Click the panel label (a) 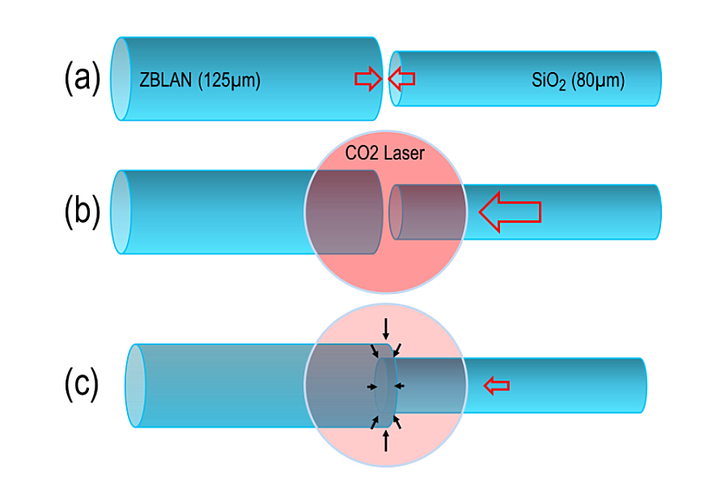click(x=82, y=79)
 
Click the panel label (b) click(x=82, y=211)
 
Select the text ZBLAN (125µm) click(x=199, y=80)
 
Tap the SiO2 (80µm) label click(x=578, y=80)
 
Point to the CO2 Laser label click(x=384, y=152)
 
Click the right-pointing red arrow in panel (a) click(x=367, y=79)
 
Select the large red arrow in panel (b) click(x=509, y=211)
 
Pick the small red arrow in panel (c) click(x=497, y=386)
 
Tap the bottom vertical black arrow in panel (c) click(x=386, y=441)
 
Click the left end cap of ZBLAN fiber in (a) click(x=121, y=79)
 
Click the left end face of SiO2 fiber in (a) click(x=395, y=79)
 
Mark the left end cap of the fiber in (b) click(x=121, y=212)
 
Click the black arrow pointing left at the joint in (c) click(x=399, y=386)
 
